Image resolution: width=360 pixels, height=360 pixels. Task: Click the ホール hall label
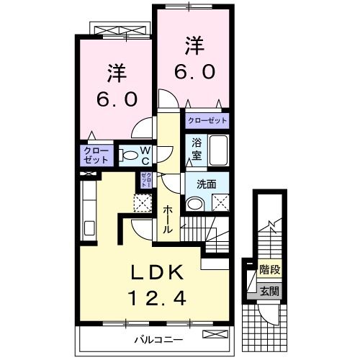[168, 219]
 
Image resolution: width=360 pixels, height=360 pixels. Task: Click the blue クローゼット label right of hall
[207, 122]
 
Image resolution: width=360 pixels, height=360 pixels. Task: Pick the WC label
[144, 155]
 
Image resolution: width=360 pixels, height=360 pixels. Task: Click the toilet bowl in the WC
[127, 154]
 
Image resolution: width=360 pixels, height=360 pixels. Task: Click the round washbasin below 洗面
[193, 204]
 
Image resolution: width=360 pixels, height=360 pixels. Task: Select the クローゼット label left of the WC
[96, 156]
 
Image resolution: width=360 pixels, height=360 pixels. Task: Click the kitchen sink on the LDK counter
[89, 229]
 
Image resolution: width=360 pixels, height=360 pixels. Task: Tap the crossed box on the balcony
[213, 335]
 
